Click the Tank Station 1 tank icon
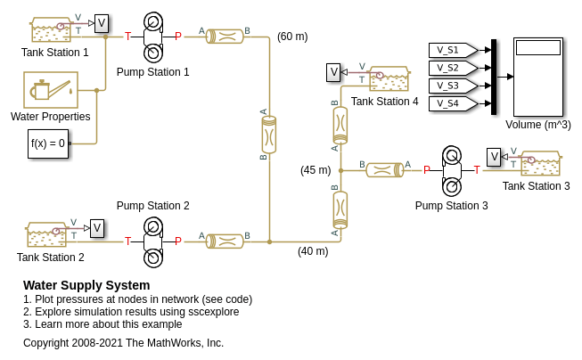pyautogui.click(x=51, y=30)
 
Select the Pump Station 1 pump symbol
pyautogui.click(x=152, y=37)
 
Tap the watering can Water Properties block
pyautogui.click(x=50, y=90)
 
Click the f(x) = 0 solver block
pyautogui.click(x=48, y=143)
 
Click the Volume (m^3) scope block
pyautogui.click(x=538, y=77)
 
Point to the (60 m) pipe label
pyautogui.click(x=292, y=37)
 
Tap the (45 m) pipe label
pyautogui.click(x=316, y=170)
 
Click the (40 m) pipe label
pyautogui.click(x=313, y=251)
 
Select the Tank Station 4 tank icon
pyautogui.click(x=389, y=78)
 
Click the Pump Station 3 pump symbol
pyautogui.click(x=452, y=169)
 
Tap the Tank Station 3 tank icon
pyautogui.click(x=540, y=163)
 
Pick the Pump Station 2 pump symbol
pyautogui.click(x=152, y=241)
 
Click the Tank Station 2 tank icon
pyautogui.click(x=46, y=234)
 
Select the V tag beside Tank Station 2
pyautogui.click(x=97, y=229)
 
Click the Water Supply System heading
pyautogui.click(x=86, y=285)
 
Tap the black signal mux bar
pyautogui.click(x=494, y=77)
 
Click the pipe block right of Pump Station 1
pyautogui.click(x=225, y=37)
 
